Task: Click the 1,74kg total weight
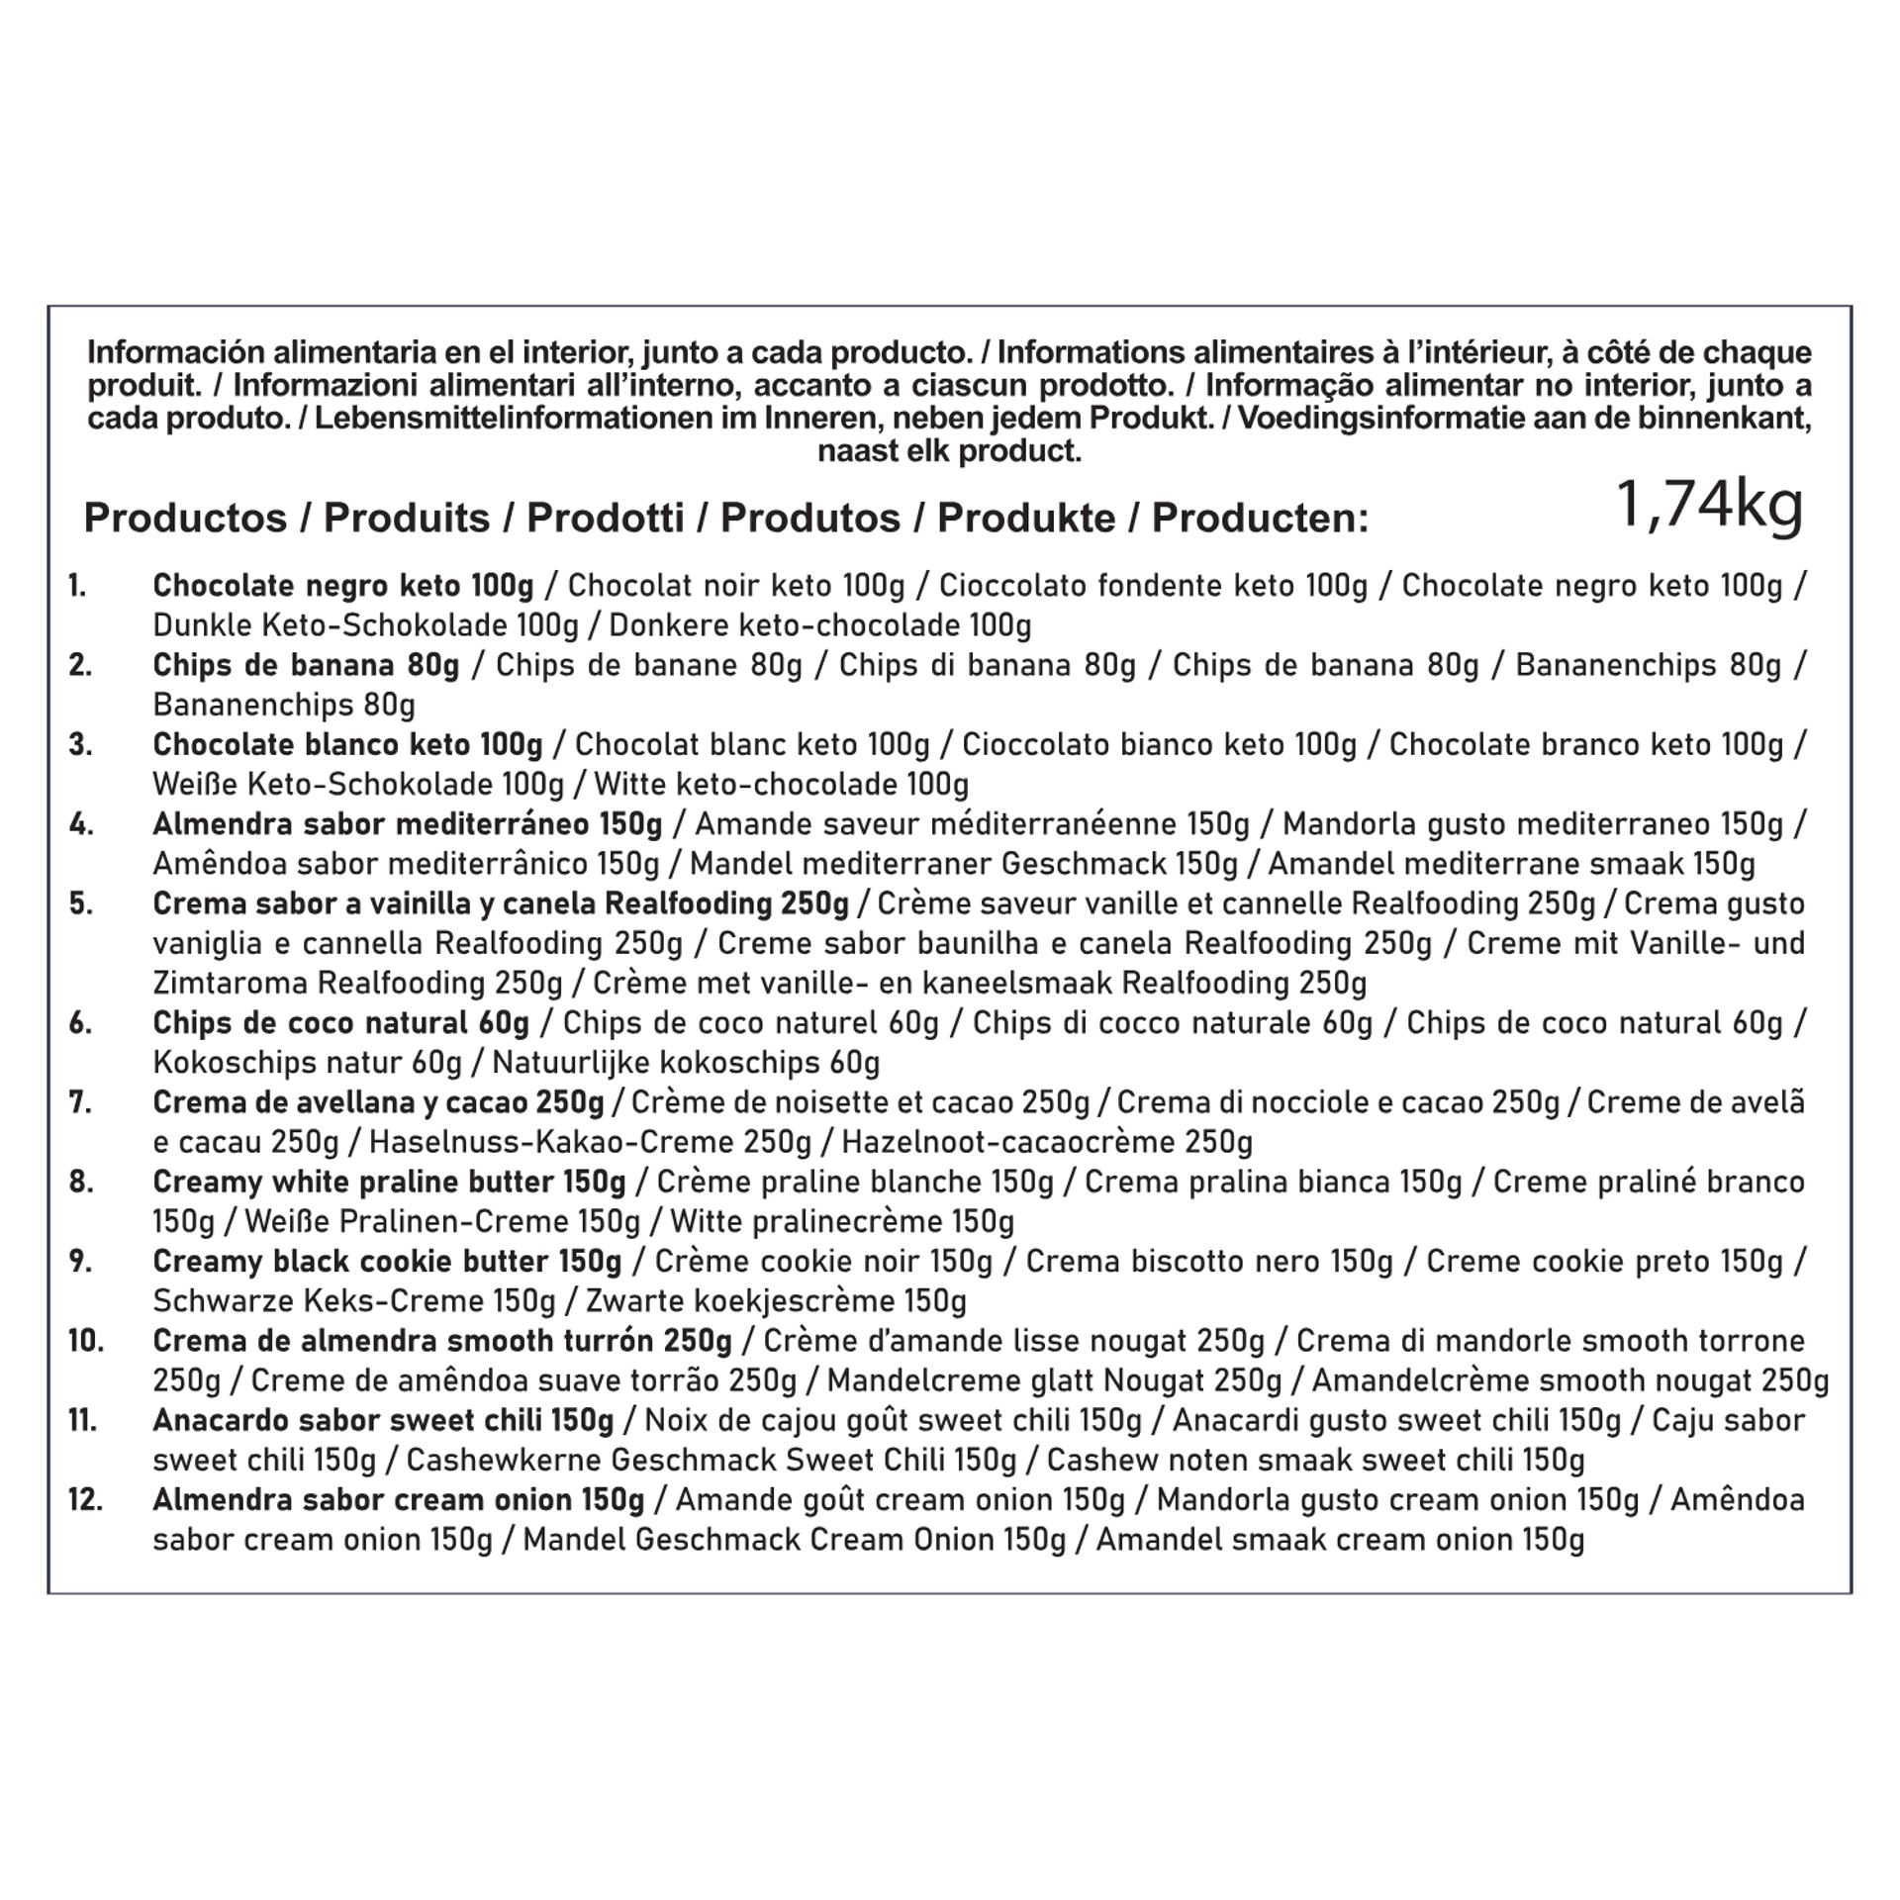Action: [1709, 506]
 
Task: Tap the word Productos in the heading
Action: [185, 518]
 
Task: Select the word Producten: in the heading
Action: [1260, 518]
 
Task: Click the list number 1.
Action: [77, 586]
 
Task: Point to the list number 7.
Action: [80, 1102]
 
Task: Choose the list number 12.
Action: [85, 1499]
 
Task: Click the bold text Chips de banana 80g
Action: [306, 665]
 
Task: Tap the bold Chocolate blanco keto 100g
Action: [347, 744]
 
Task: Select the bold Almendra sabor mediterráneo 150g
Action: [407, 824]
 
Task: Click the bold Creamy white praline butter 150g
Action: [389, 1182]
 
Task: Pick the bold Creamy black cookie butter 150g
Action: [387, 1261]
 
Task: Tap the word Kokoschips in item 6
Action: [227, 1063]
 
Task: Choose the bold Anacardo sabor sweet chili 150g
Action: [383, 1420]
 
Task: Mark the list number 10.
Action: [85, 1341]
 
